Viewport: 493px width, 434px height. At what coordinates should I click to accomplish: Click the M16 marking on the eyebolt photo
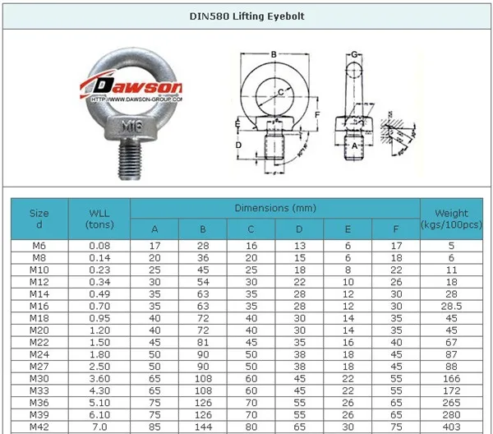coord(131,126)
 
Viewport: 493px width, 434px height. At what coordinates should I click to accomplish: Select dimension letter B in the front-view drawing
coord(273,55)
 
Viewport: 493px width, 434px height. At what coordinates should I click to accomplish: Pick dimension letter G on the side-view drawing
coord(353,55)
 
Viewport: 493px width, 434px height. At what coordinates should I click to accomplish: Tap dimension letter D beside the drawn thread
coord(238,145)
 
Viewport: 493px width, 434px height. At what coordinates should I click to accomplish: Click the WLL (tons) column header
coord(99,219)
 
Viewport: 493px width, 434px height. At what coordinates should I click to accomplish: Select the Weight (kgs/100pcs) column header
coord(454,219)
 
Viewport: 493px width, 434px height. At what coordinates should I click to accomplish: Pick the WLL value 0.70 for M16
coord(99,307)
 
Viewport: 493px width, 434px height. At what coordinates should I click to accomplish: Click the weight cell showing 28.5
coord(454,307)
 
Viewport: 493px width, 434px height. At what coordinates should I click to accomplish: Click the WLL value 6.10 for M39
coord(99,416)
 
